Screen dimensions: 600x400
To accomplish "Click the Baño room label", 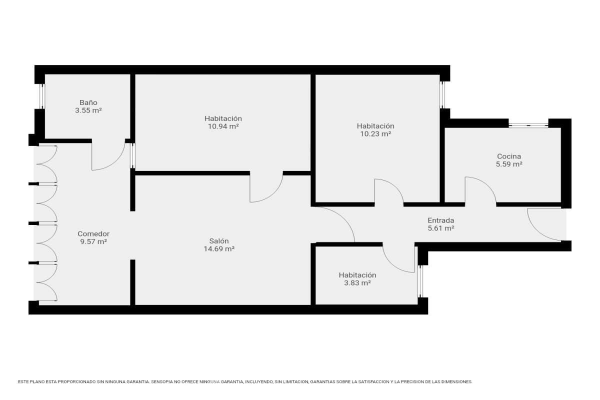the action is pyautogui.click(x=88, y=102).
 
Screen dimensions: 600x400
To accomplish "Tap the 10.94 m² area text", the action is pyautogui.click(x=223, y=126).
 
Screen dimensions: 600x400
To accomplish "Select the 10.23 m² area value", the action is pyautogui.click(x=375, y=134).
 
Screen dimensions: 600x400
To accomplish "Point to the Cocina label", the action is pyautogui.click(x=509, y=156).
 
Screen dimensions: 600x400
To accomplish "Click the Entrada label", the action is pyautogui.click(x=441, y=220).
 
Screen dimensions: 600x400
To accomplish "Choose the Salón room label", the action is pyautogui.click(x=219, y=241).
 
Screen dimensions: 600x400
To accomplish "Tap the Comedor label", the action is pyautogui.click(x=93, y=234).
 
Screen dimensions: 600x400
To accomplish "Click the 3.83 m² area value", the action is pyautogui.click(x=357, y=283).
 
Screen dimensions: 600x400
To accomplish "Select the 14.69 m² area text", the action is pyautogui.click(x=219, y=249).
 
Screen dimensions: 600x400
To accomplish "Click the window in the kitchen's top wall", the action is pyautogui.click(x=528, y=125).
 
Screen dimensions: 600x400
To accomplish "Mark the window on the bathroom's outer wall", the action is pyautogui.click(x=42, y=96).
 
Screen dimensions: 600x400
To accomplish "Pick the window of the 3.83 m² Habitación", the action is pyautogui.click(x=420, y=281).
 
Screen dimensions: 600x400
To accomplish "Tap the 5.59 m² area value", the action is pyautogui.click(x=509, y=164).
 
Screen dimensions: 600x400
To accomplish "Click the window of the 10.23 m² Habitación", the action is pyautogui.click(x=442, y=95).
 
